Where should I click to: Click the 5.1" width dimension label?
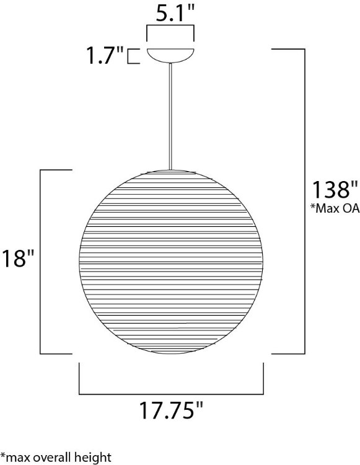click(170, 12)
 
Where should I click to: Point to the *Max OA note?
click(335, 208)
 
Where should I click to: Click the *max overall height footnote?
click(56, 457)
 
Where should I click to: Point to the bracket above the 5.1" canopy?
click(170, 26)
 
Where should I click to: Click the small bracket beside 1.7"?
click(131, 57)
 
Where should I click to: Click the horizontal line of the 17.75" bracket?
click(170, 393)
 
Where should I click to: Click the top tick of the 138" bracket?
click(288, 49)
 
